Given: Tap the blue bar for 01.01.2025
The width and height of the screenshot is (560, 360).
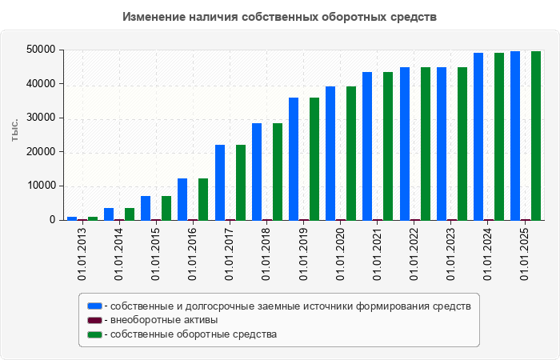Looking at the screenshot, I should (515, 136).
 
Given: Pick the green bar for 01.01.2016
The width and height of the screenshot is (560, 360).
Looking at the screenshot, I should (203, 199).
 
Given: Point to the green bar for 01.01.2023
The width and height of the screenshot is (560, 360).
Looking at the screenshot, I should (462, 143).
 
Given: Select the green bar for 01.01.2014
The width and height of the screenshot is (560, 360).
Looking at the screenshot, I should (130, 214).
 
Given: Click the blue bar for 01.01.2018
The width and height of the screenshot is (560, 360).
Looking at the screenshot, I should (257, 171).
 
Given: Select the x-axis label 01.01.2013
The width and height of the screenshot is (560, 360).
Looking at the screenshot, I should (82, 254).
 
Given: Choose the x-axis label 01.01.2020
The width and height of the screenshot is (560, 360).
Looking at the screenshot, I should (340, 254).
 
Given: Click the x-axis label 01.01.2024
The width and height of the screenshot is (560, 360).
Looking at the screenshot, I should (488, 254).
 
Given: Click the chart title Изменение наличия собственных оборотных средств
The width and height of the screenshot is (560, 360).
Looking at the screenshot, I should (280, 16).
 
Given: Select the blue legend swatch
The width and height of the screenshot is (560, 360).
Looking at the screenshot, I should (94, 306).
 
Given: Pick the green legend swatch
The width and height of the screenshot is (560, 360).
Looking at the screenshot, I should (94, 334).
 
